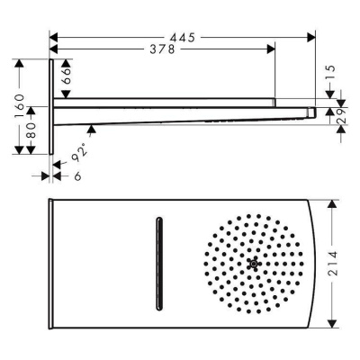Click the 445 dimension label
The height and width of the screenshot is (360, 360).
point(183,38)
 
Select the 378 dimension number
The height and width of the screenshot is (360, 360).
point(162,49)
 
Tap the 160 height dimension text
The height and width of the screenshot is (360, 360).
point(19,105)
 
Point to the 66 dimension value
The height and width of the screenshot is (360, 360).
point(67,76)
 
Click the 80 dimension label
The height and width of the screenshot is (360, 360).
point(31,130)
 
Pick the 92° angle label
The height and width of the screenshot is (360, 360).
point(79,152)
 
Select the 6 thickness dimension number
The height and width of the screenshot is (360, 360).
point(77,176)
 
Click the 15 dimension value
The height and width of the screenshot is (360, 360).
point(330,72)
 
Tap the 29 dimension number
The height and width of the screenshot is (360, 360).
point(342,116)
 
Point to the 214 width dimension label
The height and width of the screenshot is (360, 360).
point(332,264)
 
